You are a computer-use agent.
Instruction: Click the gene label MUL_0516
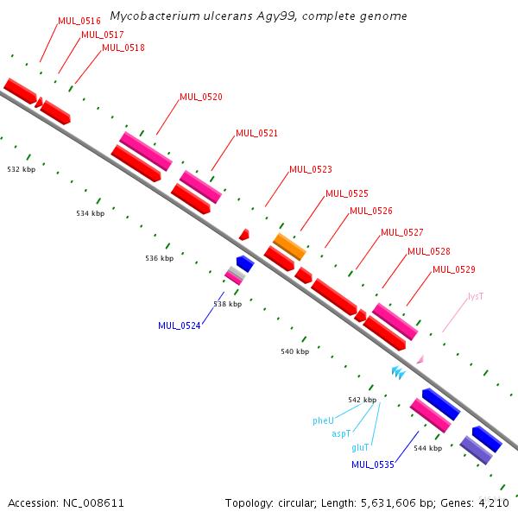click(79, 21)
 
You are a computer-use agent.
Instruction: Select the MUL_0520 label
click(201, 97)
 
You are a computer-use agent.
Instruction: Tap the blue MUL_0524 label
click(180, 325)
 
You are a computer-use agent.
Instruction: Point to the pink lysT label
click(476, 296)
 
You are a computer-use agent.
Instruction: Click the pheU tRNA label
click(323, 421)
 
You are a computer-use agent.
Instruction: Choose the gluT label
click(360, 447)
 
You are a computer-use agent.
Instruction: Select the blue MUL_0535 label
click(373, 464)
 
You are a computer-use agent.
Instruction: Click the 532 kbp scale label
click(22, 169)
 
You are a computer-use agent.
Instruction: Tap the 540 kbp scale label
click(295, 351)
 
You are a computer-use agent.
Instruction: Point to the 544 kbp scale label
click(428, 448)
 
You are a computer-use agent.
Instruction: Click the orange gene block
click(289, 247)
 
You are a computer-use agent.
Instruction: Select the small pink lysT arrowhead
click(420, 359)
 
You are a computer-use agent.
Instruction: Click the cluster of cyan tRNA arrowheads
click(399, 372)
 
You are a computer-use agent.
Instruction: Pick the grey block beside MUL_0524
click(237, 273)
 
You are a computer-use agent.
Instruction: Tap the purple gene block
click(476, 450)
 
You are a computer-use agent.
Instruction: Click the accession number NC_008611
click(93, 503)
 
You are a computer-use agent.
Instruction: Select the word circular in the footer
click(295, 503)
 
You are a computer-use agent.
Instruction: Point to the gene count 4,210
click(494, 503)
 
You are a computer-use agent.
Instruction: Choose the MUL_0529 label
click(454, 269)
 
